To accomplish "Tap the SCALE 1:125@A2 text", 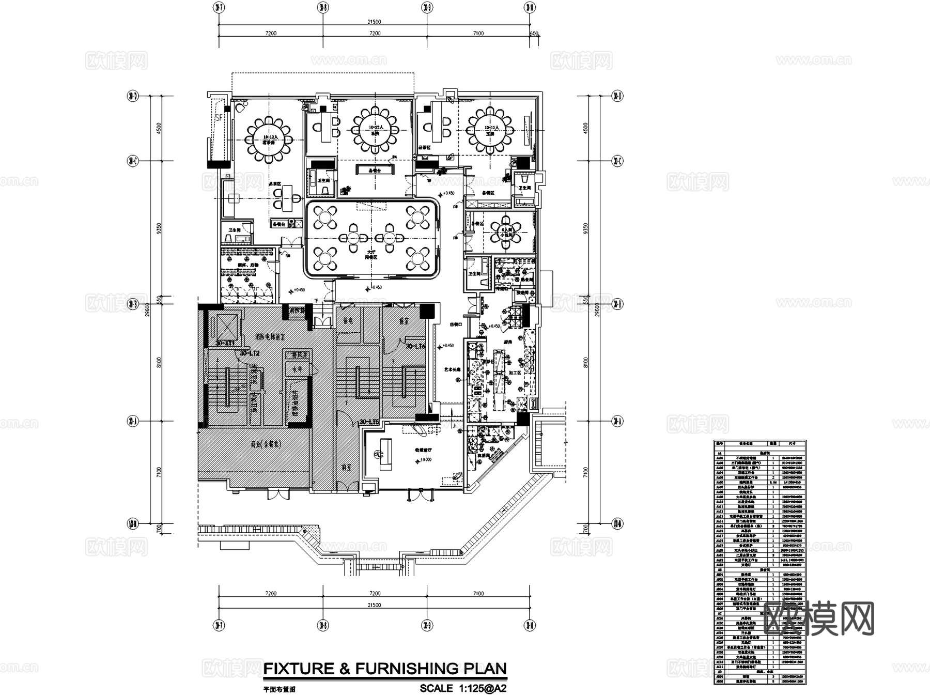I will [463, 688].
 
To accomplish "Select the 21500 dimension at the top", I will [374, 22].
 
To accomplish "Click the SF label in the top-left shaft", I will [219, 117].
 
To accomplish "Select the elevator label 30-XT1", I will [225, 342].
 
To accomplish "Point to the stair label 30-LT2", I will [249, 353].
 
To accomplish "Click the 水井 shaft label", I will [297, 369].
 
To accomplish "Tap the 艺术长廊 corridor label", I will [452, 370].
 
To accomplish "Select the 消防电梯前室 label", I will [270, 336].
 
